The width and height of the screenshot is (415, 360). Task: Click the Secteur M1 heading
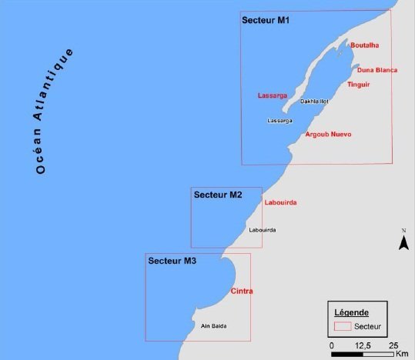pyautogui.click(x=266, y=20)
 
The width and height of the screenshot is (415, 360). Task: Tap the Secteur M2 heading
pyautogui.click(x=218, y=195)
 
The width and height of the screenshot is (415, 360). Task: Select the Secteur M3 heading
pyautogui.click(x=172, y=262)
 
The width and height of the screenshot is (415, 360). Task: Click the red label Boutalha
pyautogui.click(x=363, y=45)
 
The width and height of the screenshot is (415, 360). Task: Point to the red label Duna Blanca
pyautogui.click(x=377, y=70)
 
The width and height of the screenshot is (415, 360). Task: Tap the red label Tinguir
pyautogui.click(x=358, y=84)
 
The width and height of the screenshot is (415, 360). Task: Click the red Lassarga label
pyautogui.click(x=272, y=95)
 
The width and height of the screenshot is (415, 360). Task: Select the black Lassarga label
pyautogui.click(x=279, y=121)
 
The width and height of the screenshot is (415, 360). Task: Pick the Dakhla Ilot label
pyautogui.click(x=314, y=101)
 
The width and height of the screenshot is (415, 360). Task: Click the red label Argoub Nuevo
pyautogui.click(x=328, y=135)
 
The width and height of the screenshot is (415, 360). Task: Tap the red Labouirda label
pyautogui.click(x=280, y=202)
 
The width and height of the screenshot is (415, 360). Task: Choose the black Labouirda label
pyautogui.click(x=263, y=230)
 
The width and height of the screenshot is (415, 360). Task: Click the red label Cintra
pyautogui.click(x=242, y=291)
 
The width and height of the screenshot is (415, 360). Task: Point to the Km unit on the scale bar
pyautogui.click(x=402, y=354)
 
